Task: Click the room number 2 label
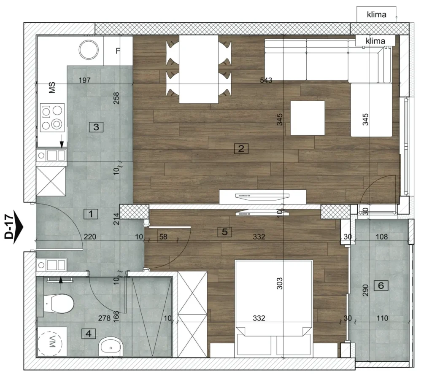point(241,149)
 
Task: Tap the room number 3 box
point(96,127)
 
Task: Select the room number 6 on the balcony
point(381,285)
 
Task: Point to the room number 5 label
point(224,232)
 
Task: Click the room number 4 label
point(89,334)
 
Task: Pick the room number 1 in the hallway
point(91,214)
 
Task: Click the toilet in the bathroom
point(59,304)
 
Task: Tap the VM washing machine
point(52,342)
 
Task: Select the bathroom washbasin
point(111,347)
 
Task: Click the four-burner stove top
point(52,117)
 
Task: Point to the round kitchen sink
point(89,50)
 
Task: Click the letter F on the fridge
point(118,51)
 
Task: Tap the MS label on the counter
point(52,87)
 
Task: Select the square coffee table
point(308,118)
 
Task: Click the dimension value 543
point(266,80)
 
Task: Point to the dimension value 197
point(84,80)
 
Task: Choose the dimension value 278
point(104,318)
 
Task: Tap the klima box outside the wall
point(376,14)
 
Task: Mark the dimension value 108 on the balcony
point(381,237)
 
